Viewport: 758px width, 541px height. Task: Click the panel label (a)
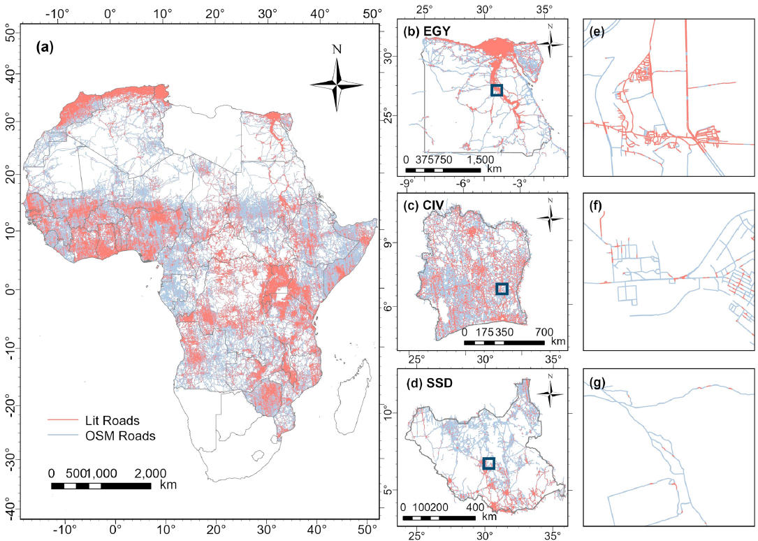click(46, 50)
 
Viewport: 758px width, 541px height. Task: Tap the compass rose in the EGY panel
click(551, 43)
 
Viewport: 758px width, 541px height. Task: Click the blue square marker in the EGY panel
click(496, 90)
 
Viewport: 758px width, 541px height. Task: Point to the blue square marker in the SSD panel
click(488, 463)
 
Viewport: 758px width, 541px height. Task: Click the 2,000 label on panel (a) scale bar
click(150, 473)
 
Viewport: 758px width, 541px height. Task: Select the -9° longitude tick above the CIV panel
click(406, 183)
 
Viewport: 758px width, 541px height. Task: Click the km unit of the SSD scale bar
click(489, 517)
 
